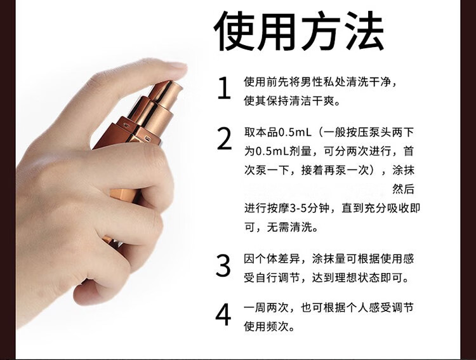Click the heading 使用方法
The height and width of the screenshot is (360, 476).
click(x=299, y=31)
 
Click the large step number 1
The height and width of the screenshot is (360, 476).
click(x=223, y=90)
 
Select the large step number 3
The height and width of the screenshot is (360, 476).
click(x=223, y=266)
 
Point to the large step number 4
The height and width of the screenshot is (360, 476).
click(x=223, y=316)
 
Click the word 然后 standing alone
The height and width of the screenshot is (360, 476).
click(x=404, y=189)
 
